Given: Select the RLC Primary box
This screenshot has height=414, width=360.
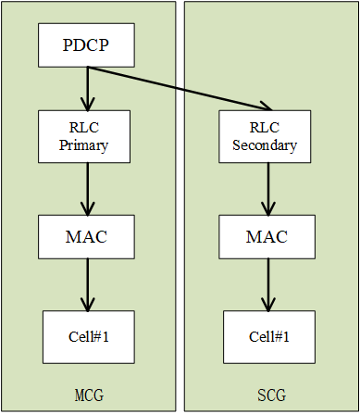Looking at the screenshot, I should (x=87, y=135).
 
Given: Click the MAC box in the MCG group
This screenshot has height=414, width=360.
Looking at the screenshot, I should (x=87, y=236).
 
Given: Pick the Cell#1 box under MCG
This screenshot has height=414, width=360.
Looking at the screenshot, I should (x=87, y=336).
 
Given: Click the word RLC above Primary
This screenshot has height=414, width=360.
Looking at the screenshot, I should (x=87, y=128).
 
